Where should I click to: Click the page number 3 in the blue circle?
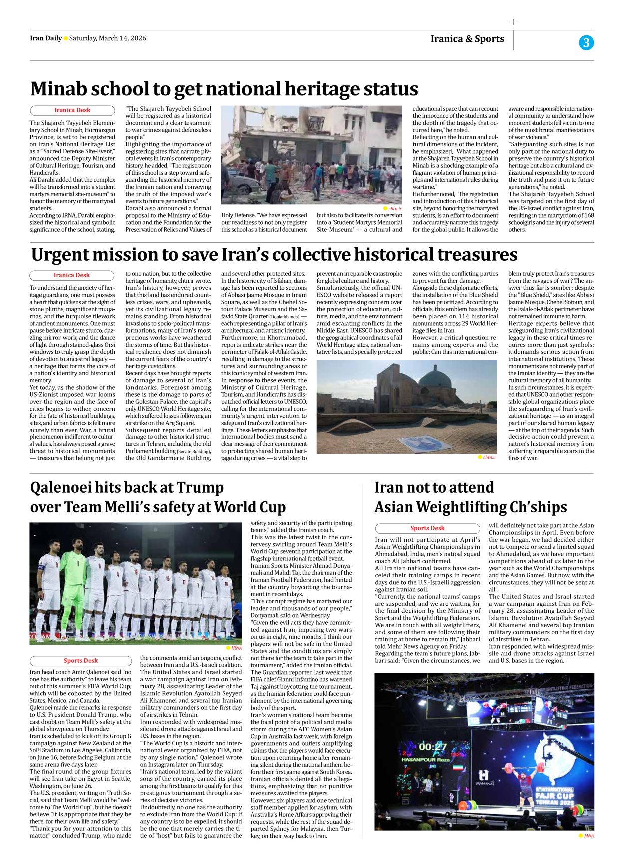[x=586, y=43]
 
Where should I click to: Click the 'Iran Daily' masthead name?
[x=46, y=38]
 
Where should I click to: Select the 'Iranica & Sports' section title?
[x=467, y=39]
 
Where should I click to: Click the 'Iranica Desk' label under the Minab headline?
[x=72, y=110]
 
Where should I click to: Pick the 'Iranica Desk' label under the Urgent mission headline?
[x=72, y=275]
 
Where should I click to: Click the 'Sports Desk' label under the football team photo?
[x=81, y=661]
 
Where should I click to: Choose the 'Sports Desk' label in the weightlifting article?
[x=427, y=528]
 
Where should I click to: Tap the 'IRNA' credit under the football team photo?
[x=236, y=648]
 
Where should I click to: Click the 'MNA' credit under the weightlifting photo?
[x=589, y=836]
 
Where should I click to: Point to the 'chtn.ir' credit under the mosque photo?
[x=489, y=457]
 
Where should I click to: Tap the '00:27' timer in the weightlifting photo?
[x=432, y=747]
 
